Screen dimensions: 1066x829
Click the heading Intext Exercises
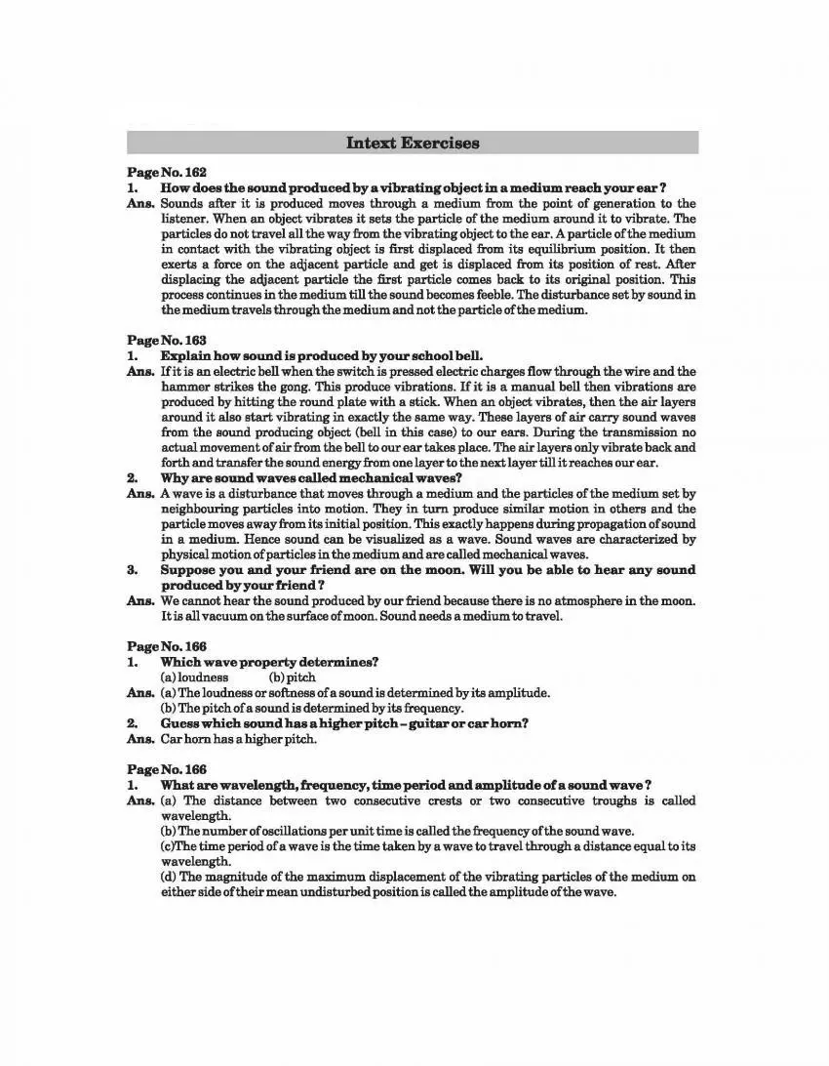[x=413, y=143]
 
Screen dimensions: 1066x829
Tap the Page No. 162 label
[x=167, y=172]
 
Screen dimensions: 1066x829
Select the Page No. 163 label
[x=167, y=340]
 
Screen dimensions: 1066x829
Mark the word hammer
[x=182, y=387]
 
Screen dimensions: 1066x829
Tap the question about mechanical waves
[x=311, y=478]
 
